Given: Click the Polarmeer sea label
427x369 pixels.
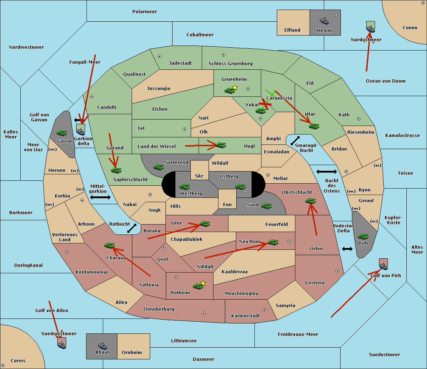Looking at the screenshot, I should click(x=144, y=12).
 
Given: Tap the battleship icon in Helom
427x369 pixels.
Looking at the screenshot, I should click(x=324, y=21).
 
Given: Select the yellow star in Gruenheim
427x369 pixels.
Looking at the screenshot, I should click(x=234, y=88).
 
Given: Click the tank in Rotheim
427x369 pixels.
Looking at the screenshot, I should click(x=198, y=286).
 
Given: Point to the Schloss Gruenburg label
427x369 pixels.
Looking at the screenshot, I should click(x=230, y=64).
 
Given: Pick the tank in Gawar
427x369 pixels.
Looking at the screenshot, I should click(x=62, y=133).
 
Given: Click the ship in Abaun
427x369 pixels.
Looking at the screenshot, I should click(x=102, y=346).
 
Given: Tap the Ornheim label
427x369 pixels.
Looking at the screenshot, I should click(x=132, y=353).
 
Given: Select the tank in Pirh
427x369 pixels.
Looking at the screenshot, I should click(x=363, y=237).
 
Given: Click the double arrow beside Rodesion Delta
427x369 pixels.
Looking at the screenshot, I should click(x=347, y=249).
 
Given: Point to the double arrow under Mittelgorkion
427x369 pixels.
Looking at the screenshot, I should click(x=100, y=197).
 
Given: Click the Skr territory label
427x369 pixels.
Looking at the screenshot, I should click(x=199, y=176).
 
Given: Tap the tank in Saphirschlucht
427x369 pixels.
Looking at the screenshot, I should click(x=116, y=170).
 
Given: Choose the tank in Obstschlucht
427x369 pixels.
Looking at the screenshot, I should click(x=310, y=201).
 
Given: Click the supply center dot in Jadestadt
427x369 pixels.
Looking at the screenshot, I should click(x=159, y=57).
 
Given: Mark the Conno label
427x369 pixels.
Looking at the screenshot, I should click(x=410, y=28).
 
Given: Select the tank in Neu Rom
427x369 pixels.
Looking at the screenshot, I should click(x=273, y=242).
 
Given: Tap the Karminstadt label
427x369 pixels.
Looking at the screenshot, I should click(x=246, y=316).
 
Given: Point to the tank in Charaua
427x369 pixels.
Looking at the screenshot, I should click(x=109, y=245).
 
